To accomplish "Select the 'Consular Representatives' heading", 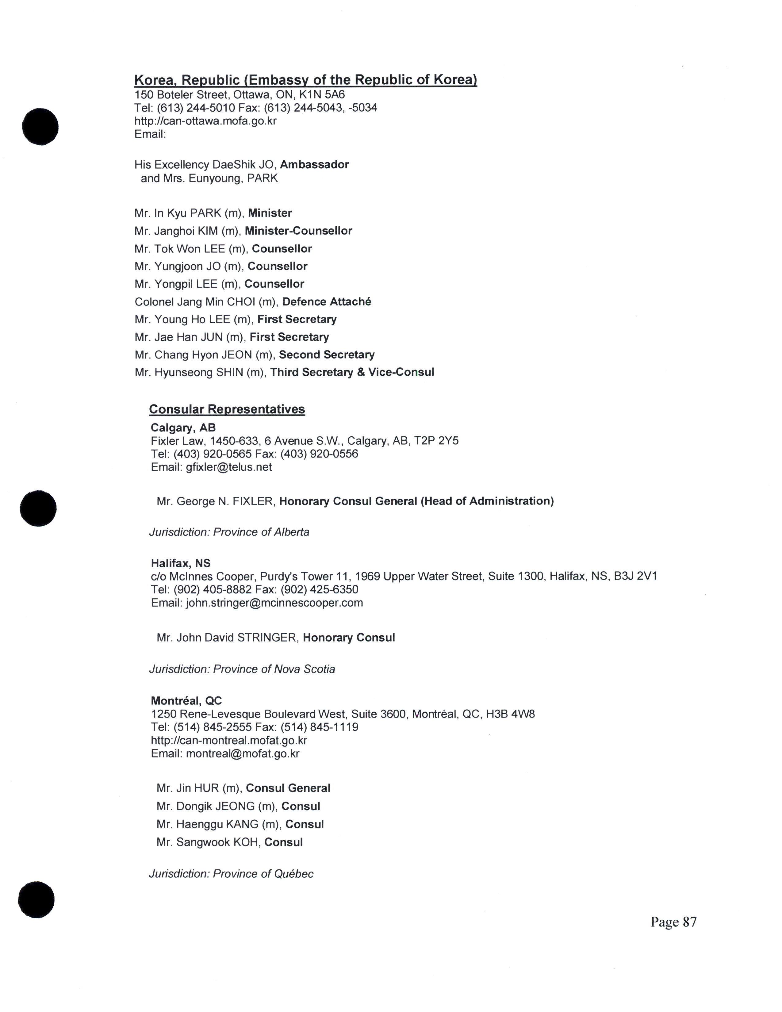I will click(x=227, y=409).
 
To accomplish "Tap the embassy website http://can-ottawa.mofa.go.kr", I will click(x=205, y=121).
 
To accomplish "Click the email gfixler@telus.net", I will click(x=228, y=467).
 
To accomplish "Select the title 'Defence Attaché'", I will click(x=327, y=302).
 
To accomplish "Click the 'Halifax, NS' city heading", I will click(x=181, y=563).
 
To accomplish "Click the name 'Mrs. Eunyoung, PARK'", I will click(x=220, y=178).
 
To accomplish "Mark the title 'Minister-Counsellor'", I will click(x=298, y=231).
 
